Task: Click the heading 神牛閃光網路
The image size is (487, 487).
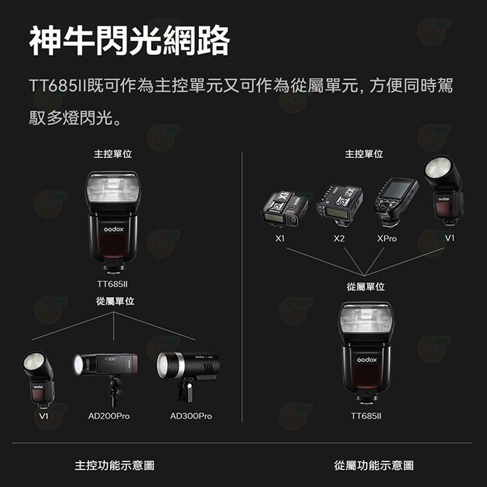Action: click(129, 42)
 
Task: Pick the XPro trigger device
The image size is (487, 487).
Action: click(395, 200)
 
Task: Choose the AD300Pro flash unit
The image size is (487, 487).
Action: click(187, 368)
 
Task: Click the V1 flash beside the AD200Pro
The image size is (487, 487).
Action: click(38, 379)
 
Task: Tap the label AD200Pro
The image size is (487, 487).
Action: click(109, 416)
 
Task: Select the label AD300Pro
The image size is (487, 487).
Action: click(191, 416)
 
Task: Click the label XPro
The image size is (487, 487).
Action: click(387, 238)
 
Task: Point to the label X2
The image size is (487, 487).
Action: click(339, 238)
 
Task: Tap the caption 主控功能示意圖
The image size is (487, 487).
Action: click(114, 465)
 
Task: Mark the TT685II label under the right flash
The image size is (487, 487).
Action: click(367, 416)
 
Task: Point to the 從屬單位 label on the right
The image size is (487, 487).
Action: click(366, 287)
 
